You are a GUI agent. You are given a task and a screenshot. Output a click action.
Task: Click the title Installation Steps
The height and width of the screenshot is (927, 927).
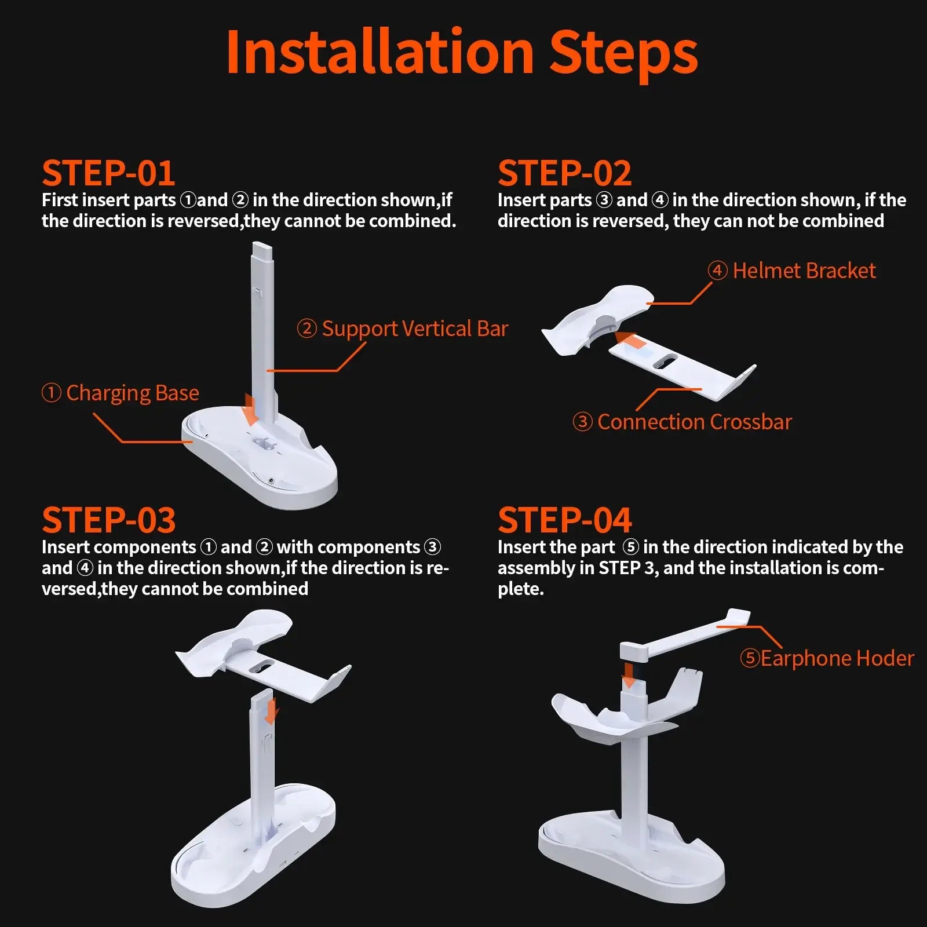click(x=462, y=53)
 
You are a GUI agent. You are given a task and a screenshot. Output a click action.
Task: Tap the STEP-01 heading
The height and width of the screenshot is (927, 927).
click(x=108, y=173)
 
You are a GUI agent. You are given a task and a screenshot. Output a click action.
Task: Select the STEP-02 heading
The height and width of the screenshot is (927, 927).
click(x=564, y=173)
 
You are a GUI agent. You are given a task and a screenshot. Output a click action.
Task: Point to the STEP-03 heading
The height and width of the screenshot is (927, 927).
click(x=108, y=520)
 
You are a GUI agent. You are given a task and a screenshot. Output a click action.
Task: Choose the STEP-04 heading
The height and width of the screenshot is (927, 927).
click(x=564, y=520)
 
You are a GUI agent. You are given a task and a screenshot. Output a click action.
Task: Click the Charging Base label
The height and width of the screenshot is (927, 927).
click(x=121, y=393)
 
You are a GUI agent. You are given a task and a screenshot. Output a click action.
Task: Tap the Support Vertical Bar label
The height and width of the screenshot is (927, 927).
click(x=403, y=329)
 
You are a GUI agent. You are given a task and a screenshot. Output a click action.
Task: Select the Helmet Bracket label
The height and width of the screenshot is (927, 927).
click(x=791, y=271)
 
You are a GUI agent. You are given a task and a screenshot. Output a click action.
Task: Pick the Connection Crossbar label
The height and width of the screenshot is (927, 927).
click(x=682, y=422)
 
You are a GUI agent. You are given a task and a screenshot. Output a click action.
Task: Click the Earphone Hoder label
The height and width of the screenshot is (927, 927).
click(x=827, y=658)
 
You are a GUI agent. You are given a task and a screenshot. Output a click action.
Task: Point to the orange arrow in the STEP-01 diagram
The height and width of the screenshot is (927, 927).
click(x=250, y=409)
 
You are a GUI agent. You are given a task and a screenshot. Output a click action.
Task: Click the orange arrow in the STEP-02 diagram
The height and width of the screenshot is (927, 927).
click(x=630, y=340)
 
